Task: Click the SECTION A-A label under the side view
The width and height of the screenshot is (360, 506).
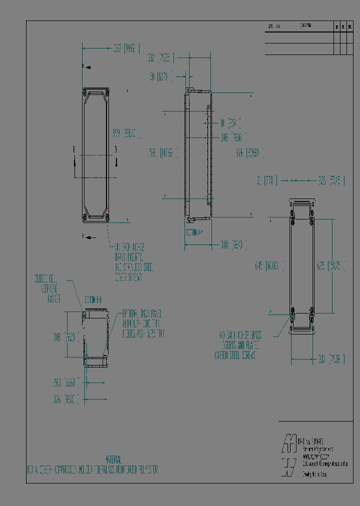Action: pyautogui.click(x=194, y=232)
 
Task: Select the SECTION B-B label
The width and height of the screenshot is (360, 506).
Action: pyautogui.click(x=93, y=300)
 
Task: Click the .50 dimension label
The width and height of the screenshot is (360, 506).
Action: pyautogui.click(x=160, y=76)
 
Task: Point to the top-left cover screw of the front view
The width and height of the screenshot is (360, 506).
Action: pyautogui.click(x=85, y=92)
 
